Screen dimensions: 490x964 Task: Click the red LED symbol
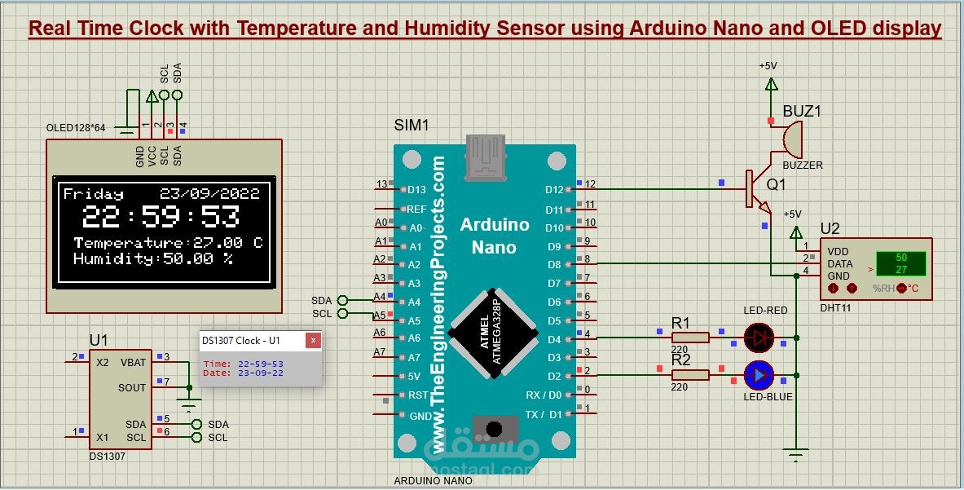tap(759, 335)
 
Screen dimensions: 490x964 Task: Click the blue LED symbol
tap(759, 375)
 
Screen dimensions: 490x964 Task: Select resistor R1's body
tap(690, 336)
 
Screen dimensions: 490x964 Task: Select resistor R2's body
tap(690, 374)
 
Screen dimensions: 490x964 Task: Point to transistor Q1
tap(755, 188)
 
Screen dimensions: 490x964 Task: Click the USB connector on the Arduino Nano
tap(485, 157)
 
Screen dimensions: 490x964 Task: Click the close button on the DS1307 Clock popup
tap(311, 341)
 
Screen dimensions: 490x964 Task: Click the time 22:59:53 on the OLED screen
tap(161, 218)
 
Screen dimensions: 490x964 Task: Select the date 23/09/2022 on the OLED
tap(209, 194)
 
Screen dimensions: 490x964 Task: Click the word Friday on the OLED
tap(94, 194)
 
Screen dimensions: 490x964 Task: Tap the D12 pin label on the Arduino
tap(554, 190)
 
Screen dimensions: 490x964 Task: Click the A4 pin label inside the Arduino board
tap(414, 302)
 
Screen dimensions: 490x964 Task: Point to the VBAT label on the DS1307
tap(133, 362)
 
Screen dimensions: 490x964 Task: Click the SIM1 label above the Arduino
tap(411, 126)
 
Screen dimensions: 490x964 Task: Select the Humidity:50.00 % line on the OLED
tap(153, 258)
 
